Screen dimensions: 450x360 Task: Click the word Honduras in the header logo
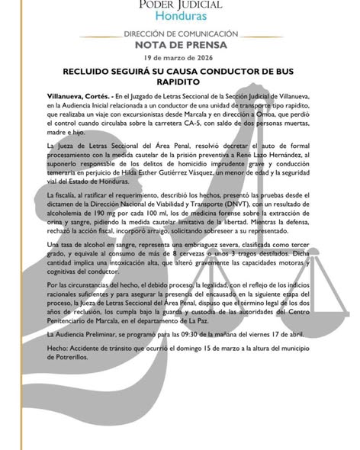(x=179, y=16)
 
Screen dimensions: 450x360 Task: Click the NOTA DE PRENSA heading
(x=179, y=45)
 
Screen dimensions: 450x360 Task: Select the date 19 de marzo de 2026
(x=180, y=58)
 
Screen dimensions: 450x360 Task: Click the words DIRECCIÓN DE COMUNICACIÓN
(x=179, y=35)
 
